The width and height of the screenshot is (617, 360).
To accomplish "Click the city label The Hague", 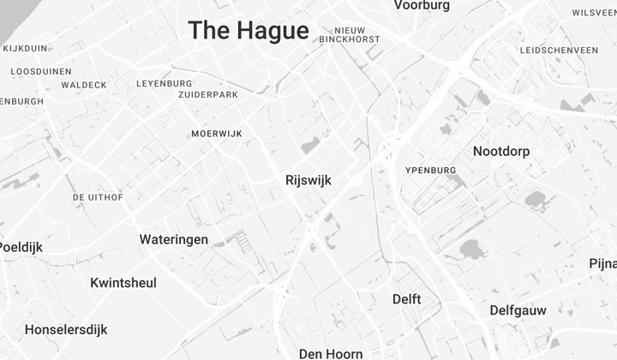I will click(x=249, y=31).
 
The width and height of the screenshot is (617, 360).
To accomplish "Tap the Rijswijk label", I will click(x=308, y=181).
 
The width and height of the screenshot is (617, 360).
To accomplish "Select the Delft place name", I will click(x=407, y=299).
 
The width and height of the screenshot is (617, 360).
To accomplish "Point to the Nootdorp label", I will click(x=501, y=152).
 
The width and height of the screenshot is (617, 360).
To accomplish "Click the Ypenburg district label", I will click(x=430, y=171).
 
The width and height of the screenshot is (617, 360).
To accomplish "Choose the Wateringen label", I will click(x=174, y=239).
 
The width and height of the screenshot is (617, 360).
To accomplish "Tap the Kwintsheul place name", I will click(x=123, y=282).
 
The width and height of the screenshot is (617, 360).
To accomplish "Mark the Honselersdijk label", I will click(x=66, y=329).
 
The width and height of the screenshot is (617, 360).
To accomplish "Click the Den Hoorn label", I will click(x=331, y=353).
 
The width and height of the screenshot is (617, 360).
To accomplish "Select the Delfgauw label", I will click(x=518, y=309).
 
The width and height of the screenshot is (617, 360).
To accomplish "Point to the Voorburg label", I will click(x=422, y=6).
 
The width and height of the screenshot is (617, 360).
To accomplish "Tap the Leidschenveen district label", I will click(x=559, y=51).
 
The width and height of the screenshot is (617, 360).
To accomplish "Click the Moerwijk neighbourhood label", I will click(x=217, y=134).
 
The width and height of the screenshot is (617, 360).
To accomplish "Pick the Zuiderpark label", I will click(x=207, y=94).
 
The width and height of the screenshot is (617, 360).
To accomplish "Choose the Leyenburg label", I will click(x=165, y=83).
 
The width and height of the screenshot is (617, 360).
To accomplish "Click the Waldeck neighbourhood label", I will click(x=84, y=85).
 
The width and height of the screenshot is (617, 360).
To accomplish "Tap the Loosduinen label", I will click(x=41, y=71).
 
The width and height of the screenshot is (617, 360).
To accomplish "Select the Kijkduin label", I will click(x=26, y=48).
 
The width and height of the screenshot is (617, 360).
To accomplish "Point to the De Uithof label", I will click(x=98, y=197).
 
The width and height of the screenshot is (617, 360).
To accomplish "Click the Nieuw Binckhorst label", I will click(x=349, y=34).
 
